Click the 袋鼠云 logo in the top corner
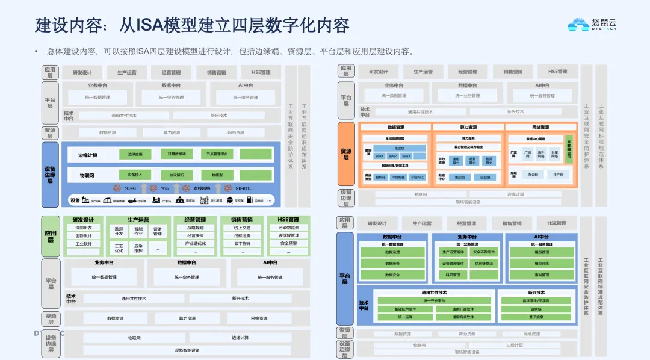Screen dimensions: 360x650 point(592,25)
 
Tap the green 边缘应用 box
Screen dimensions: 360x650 point(135,155)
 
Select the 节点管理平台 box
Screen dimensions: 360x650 point(214,155)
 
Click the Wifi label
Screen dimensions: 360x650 point(164,188)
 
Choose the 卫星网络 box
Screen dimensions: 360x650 point(554,154)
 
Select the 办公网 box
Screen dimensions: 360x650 point(533,175)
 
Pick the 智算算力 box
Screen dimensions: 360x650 point(489,161)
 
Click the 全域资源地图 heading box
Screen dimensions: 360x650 point(395,138)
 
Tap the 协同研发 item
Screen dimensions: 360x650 point(84,228)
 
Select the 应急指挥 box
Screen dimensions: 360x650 point(138,247)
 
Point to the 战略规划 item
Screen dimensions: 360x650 point(195,228)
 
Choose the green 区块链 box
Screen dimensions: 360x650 point(536,309)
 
